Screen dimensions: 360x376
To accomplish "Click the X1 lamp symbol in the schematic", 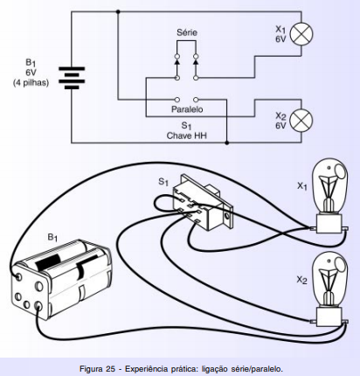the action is coord(301,33).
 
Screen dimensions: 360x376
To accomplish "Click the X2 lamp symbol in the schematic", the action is coord(301,121).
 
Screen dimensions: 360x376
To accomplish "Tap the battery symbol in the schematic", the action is coord(72,78).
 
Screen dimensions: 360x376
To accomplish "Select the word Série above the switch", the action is coord(187,32).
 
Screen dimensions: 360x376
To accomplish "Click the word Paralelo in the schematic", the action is coord(187,109).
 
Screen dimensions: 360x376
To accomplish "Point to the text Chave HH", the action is coord(187,136).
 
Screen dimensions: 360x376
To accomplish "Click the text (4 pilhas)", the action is coord(31,83).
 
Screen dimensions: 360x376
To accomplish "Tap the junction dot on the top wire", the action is coord(118,11).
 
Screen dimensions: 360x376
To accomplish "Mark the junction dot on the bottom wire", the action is coord(227,143).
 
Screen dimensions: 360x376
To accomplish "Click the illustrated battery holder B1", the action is coord(62,279).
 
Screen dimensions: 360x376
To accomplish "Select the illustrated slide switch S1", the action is coord(203,202).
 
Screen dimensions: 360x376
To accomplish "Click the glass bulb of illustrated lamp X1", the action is coord(329,187).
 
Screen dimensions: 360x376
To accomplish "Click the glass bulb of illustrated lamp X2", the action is coord(329,281).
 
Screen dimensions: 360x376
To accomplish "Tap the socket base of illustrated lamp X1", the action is coord(329,224).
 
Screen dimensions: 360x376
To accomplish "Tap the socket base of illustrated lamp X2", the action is coord(329,317).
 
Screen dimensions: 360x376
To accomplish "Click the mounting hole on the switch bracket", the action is coord(226,216).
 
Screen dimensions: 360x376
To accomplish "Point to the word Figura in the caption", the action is coord(90,369).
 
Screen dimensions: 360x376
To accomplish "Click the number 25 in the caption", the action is coord(110,369).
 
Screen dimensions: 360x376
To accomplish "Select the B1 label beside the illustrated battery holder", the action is coord(52,237).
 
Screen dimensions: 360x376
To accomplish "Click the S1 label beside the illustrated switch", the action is coord(163,182).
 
